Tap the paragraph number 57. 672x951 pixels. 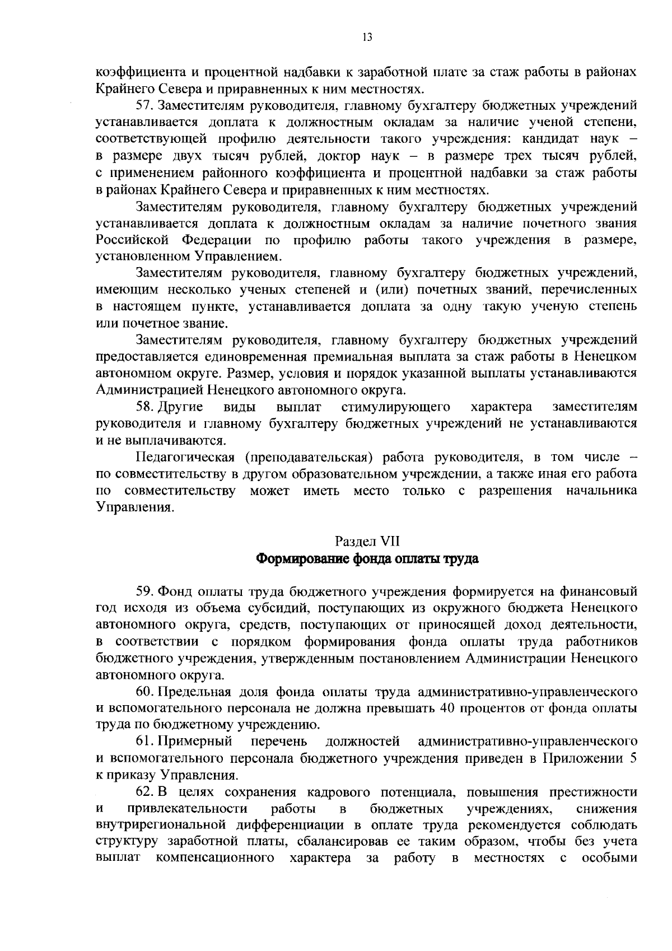(x=145, y=105)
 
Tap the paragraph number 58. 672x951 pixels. (x=145, y=407)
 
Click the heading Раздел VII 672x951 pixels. (x=367, y=541)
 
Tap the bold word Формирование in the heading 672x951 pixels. (x=300, y=559)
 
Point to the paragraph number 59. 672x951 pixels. (x=145, y=591)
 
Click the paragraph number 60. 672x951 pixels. (x=145, y=692)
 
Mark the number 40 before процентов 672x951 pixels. (x=450, y=709)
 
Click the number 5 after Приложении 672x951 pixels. (x=633, y=759)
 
